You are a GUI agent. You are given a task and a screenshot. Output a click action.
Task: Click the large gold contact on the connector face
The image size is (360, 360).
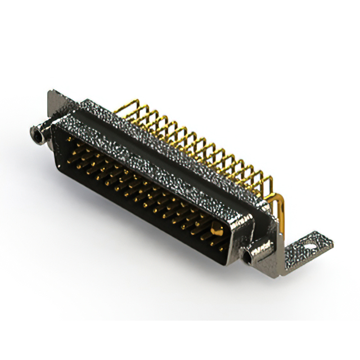[x=215, y=228]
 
